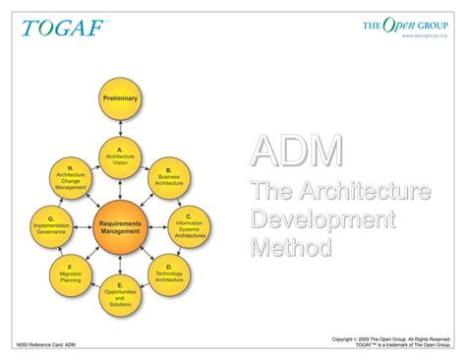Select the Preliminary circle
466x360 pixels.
[x=120, y=99]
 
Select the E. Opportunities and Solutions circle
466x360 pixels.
[x=120, y=292]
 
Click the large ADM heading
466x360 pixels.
[x=297, y=153]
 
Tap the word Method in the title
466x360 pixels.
[x=291, y=245]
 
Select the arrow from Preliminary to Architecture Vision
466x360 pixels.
[x=120, y=127]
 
